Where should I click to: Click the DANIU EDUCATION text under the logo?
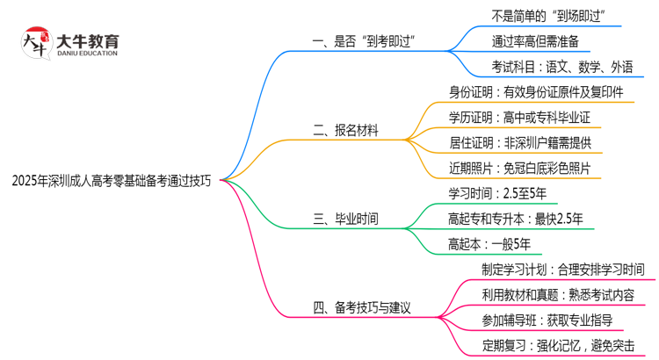pos(88,54)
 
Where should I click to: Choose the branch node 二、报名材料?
pos(346,130)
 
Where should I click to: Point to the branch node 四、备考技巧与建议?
pos(363,308)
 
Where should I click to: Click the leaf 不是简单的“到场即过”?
pos(551,15)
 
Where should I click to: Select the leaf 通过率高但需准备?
pos(535,41)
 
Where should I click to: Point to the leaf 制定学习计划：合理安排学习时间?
pos(563,269)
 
